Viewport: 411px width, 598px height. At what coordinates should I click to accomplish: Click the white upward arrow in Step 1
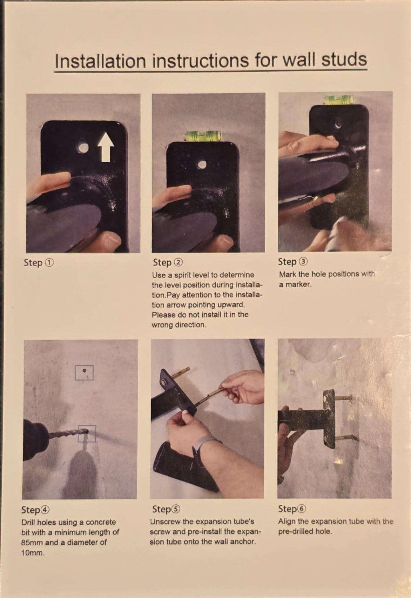tap(106, 147)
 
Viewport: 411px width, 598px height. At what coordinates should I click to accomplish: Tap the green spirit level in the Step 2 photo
tap(203, 135)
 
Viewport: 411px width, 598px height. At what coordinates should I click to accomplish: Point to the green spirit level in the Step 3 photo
tap(339, 100)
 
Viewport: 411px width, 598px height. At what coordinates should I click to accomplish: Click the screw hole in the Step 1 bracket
tap(83, 147)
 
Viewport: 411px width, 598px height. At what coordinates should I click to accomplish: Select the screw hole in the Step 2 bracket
tap(202, 165)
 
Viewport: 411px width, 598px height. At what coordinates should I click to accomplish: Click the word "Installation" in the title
tap(100, 61)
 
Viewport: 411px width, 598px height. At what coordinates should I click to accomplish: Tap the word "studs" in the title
tap(344, 59)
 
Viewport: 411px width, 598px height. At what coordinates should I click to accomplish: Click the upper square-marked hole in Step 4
tap(84, 372)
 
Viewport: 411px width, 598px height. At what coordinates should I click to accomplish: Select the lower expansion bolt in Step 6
tap(346, 437)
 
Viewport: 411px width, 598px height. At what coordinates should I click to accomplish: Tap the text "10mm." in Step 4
tap(33, 553)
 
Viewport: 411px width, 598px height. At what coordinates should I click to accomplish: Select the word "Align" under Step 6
tap(287, 522)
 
